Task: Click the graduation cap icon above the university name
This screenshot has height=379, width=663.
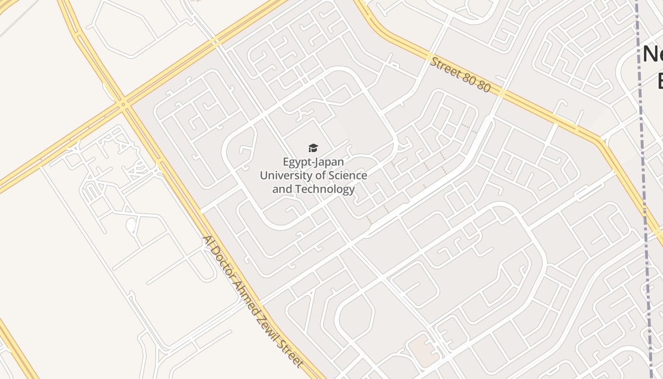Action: pos(313,148)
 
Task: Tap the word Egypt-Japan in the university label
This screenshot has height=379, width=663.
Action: pos(313,162)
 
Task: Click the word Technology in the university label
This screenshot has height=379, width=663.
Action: pos(324,189)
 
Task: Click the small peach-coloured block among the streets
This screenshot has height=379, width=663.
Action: pos(423,350)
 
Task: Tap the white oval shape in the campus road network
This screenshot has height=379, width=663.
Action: pos(131,226)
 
